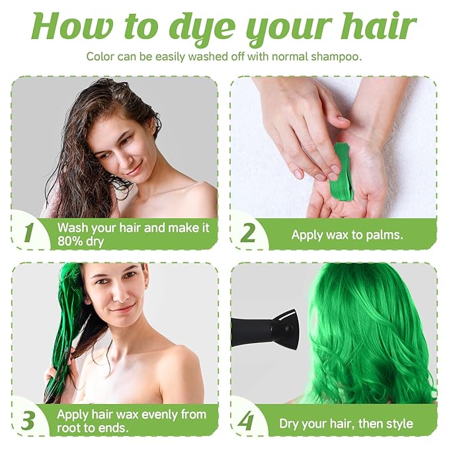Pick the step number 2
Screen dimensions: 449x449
click(248, 233)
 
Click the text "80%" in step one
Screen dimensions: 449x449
click(71, 241)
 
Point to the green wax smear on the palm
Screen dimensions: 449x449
click(343, 171)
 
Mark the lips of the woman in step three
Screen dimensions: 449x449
click(121, 309)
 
